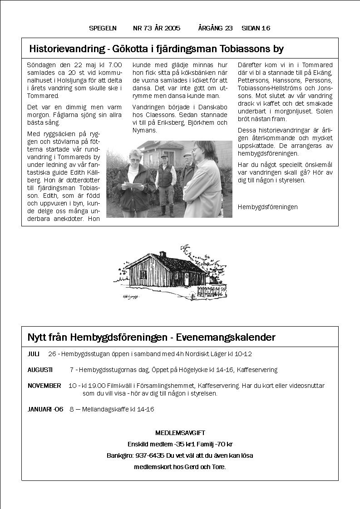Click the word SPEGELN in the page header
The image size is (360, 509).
pyautogui.click(x=103, y=28)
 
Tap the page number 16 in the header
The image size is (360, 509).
pyautogui.click(x=266, y=28)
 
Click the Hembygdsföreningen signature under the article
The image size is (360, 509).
pyautogui.click(x=268, y=207)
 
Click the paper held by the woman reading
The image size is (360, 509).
pyautogui.click(x=134, y=185)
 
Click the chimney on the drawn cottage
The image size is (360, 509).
pyautogui.click(x=163, y=254)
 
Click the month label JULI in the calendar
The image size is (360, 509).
pyautogui.click(x=34, y=354)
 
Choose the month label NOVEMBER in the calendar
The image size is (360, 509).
pyautogui.click(x=44, y=386)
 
